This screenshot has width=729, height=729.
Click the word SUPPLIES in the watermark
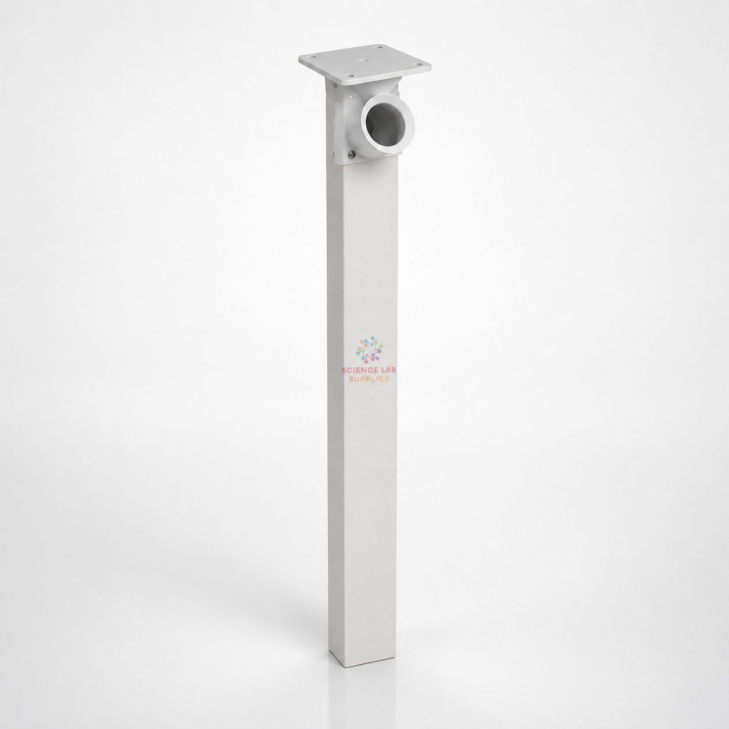click(369, 379)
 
